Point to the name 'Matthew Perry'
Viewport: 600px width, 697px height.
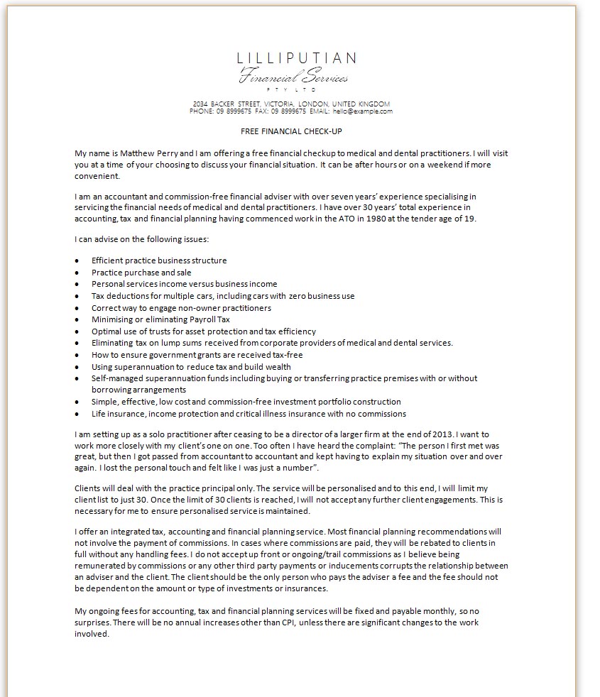point(150,153)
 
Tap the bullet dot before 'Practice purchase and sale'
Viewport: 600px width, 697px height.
point(77,273)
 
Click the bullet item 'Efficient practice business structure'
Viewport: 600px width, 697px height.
point(159,260)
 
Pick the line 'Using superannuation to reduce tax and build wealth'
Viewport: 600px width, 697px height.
point(191,367)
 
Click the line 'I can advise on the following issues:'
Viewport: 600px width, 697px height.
point(141,239)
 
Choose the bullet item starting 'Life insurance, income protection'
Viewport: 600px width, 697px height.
point(249,414)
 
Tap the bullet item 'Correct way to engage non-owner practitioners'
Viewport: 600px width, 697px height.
point(181,308)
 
